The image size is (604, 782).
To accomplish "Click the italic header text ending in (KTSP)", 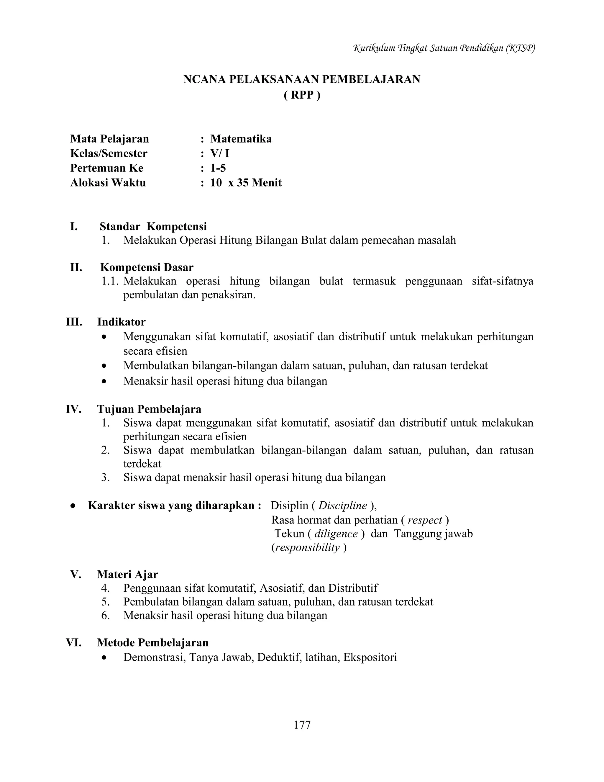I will tap(444, 48).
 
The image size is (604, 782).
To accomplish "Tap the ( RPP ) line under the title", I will tap(302, 95).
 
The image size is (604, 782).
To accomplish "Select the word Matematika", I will tap(241, 139).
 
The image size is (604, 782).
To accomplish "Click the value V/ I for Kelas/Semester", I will tap(220, 154).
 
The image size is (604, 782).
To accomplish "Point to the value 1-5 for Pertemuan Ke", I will tap(218, 168).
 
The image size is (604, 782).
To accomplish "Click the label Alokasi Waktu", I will tap(108, 183).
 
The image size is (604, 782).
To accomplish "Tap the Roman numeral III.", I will tap(74, 322).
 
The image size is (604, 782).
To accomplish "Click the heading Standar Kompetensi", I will tap(153, 227).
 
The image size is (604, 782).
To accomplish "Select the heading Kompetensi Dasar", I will tap(147, 267).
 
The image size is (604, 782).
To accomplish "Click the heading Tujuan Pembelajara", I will tap(149, 409).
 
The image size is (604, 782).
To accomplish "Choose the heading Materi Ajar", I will tap(127, 574).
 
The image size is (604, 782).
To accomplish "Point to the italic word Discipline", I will tap(342, 505).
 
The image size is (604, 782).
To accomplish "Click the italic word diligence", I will tap(336, 534).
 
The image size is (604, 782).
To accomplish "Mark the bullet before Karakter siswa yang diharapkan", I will tap(73, 506).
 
